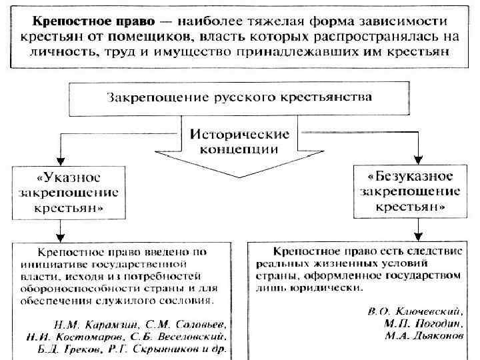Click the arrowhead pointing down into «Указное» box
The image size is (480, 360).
pos(61,160)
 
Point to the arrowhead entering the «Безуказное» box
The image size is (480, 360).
pos(418,161)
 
